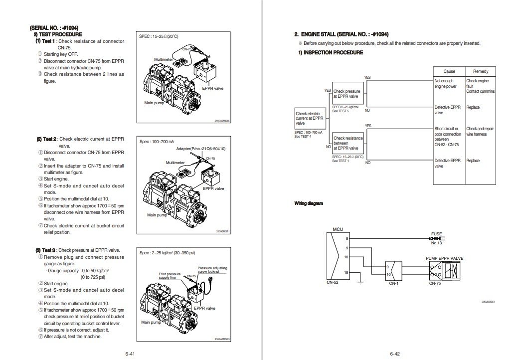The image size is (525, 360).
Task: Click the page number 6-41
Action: pos(131,354)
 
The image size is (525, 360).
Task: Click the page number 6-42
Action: pos(395,354)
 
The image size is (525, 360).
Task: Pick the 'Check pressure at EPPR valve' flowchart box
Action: pos(347,94)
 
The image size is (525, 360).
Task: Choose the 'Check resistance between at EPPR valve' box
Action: pos(348,143)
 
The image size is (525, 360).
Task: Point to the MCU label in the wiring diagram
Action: pos(338,229)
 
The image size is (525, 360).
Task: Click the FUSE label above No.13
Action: pos(436,233)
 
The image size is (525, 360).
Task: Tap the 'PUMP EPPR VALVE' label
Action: pos(445,258)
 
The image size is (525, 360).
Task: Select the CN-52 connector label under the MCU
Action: pos(332,283)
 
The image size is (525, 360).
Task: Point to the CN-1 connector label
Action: pos(393,283)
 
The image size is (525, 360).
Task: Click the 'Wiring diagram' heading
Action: pos(309,203)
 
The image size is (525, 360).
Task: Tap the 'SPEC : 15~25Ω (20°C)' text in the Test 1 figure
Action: pos(159,36)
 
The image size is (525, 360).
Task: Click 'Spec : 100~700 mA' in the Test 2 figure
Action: pos(157,142)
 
